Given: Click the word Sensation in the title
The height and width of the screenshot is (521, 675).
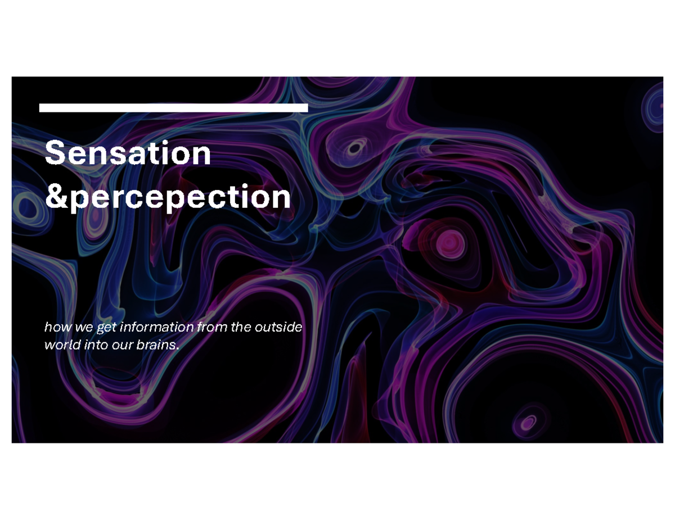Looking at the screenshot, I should click(x=128, y=153).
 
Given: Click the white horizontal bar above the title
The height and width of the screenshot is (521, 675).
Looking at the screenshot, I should click(x=173, y=108).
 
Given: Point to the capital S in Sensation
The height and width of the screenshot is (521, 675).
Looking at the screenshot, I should click(x=54, y=153).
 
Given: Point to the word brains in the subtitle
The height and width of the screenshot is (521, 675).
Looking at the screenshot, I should click(x=155, y=345).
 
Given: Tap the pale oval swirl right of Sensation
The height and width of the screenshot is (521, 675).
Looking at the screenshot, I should click(x=355, y=148).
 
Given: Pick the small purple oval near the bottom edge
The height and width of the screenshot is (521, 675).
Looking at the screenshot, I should click(x=528, y=422).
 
